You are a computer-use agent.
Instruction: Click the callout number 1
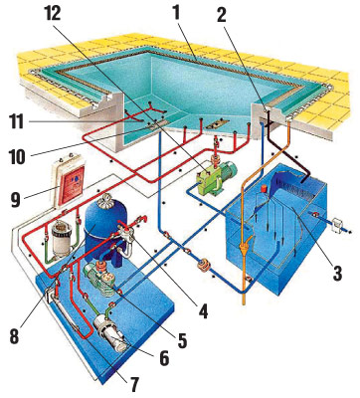[176, 14]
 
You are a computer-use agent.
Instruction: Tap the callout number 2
[222, 14]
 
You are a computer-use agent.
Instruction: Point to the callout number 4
[203, 310]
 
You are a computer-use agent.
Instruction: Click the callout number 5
[182, 339]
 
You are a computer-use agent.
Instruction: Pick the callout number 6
[164, 357]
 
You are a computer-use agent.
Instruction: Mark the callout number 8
[15, 335]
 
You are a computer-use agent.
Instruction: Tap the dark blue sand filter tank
[104, 232]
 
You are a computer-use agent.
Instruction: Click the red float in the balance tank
[265, 188]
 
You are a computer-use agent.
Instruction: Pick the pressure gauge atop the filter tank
[107, 200]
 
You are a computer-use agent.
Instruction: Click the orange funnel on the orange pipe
[245, 247]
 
